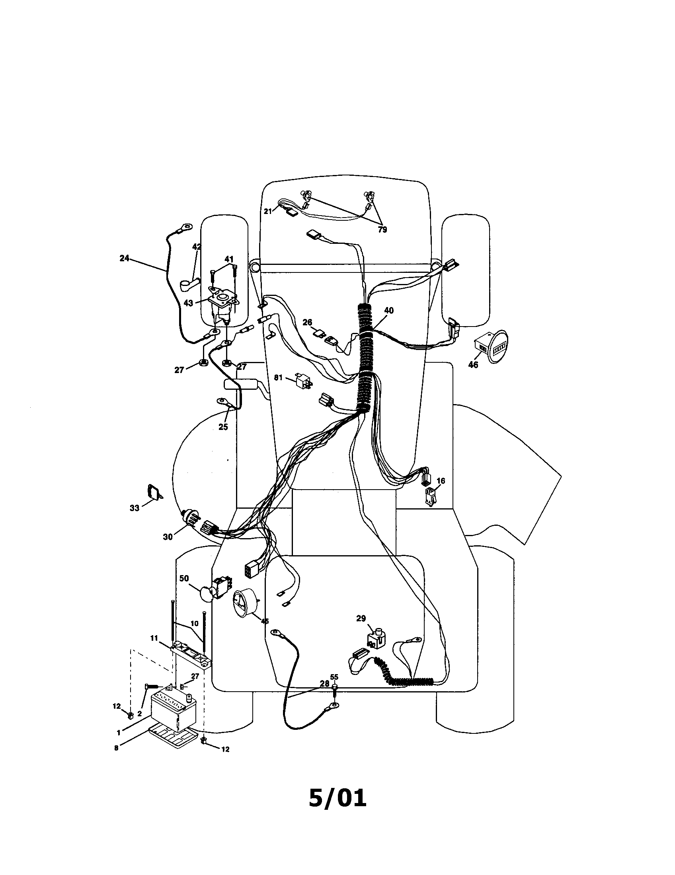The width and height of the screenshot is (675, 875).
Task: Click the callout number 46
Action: pos(473,365)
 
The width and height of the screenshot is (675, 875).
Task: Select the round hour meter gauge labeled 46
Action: pos(491,346)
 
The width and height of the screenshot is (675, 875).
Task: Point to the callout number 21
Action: pos(268,211)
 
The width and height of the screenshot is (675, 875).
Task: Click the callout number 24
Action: pos(124,259)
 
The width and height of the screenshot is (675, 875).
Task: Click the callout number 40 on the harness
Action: pos(388,311)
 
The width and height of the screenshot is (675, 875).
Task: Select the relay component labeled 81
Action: pos(303,380)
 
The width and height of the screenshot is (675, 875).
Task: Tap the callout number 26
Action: pos(307,322)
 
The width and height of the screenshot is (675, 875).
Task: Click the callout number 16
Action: pos(441,481)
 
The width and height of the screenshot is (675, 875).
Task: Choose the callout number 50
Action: pos(184,579)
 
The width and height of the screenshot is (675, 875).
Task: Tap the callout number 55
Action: pos(334,677)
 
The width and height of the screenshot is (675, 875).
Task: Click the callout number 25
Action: pos(223,427)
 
